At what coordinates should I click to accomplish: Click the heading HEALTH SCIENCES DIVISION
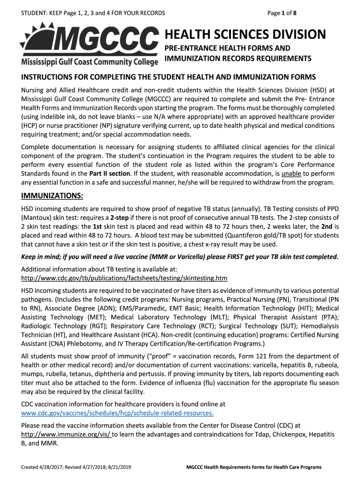[245, 35]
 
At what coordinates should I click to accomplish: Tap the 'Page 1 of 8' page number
[282, 13]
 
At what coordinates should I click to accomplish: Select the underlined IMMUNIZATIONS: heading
[52, 196]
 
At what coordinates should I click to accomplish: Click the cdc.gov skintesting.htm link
[124, 278]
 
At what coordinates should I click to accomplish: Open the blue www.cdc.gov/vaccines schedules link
[118, 413]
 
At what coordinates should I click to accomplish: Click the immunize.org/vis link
[66, 434]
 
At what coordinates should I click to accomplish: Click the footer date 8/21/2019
[120, 467]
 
